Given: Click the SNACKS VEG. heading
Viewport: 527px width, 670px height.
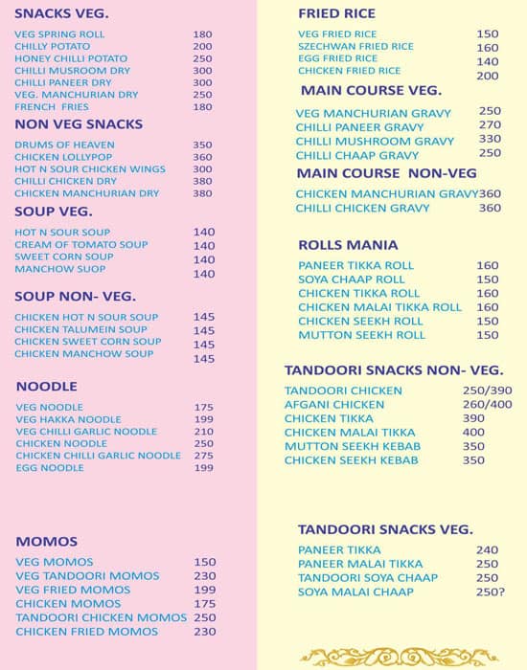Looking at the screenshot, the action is [61, 13].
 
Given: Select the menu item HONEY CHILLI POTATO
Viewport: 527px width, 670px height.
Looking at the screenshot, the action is [71, 58].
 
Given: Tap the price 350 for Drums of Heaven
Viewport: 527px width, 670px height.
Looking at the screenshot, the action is [202, 145].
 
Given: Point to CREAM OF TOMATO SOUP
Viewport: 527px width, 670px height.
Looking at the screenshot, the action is [81, 245].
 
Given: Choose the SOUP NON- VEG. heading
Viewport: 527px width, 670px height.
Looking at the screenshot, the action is [75, 296].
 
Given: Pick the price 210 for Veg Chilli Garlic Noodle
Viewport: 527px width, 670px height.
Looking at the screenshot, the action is [203, 432].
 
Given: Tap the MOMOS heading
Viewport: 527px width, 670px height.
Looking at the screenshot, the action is [47, 542].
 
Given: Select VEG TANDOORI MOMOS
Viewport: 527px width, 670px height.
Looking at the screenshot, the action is [74, 576].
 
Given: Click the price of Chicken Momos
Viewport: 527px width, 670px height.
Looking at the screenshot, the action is [205, 604].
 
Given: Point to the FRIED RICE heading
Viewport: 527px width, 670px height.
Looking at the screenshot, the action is [336, 13].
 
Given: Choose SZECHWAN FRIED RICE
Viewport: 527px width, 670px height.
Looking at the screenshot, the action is [355, 46].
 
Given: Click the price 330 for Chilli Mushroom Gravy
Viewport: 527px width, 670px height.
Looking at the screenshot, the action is [490, 140].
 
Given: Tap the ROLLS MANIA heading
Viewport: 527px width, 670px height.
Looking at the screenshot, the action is [348, 245].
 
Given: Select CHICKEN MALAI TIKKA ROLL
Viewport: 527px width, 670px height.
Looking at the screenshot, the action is [379, 307].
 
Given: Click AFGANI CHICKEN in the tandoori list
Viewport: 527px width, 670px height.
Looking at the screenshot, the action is [334, 405].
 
